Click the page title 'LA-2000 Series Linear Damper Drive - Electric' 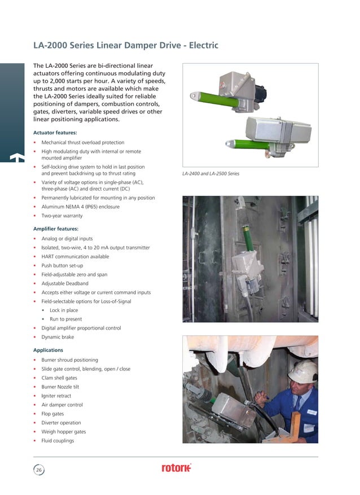(125, 45)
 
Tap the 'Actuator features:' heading (55, 133)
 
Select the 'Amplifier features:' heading (56, 229)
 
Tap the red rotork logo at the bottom (177, 468)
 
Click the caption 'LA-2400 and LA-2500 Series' (210, 173)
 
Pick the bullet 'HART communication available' (75, 257)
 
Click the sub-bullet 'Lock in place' (64, 310)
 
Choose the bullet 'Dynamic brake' (57, 337)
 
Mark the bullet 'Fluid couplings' (58, 441)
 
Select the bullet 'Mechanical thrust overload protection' (83, 143)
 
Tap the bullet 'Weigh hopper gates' (63, 432)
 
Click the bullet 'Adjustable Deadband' (65, 283)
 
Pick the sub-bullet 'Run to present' (65, 319)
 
